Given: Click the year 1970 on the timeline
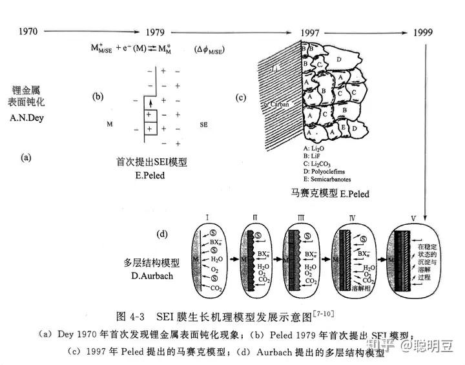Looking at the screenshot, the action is pyautogui.click(x=32, y=30).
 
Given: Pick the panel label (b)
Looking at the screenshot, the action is pyautogui.click(x=98, y=97).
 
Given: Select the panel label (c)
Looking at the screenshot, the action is pyautogui.click(x=241, y=98).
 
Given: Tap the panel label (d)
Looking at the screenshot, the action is pyautogui.click(x=163, y=235).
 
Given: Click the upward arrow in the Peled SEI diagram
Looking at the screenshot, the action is pyautogui.click(x=150, y=104).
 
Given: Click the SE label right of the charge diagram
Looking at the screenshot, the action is pyautogui.click(x=204, y=122).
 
